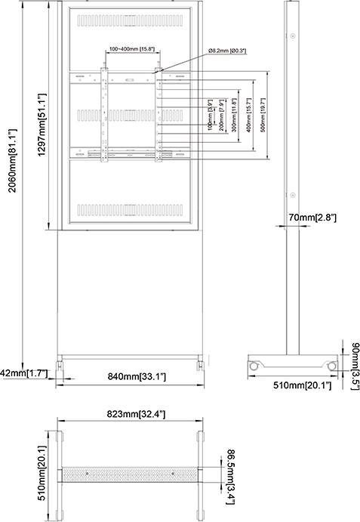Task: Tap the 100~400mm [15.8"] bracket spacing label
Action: click(x=131, y=49)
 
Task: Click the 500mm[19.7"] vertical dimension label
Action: click(x=261, y=116)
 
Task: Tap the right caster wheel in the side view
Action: click(x=331, y=366)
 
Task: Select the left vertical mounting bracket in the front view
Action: click(x=105, y=116)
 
